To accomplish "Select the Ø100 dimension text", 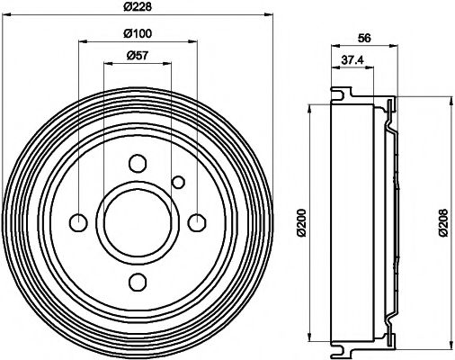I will (137, 33).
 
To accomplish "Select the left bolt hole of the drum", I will (78, 222).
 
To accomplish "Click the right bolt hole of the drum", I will (197, 222).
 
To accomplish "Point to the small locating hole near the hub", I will (178, 183).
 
